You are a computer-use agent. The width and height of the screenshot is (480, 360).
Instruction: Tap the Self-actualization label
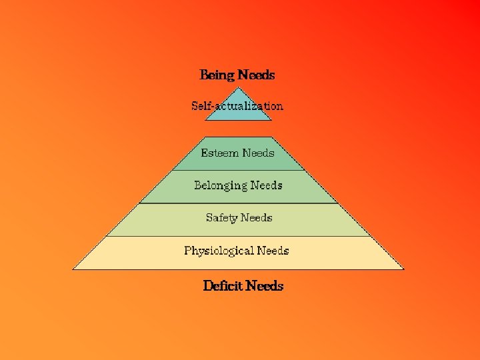click(237, 105)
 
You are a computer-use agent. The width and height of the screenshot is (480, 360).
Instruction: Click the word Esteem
click(220, 153)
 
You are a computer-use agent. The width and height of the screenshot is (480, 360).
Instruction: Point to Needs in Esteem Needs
click(258, 153)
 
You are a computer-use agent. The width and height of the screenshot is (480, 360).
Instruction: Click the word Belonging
click(221, 185)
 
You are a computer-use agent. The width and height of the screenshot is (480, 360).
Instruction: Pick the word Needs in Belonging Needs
click(266, 185)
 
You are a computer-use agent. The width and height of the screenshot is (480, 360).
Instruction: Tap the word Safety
click(221, 217)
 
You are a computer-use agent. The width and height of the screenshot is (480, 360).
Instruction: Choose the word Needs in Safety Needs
click(257, 217)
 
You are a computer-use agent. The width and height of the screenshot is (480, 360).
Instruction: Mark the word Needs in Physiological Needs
click(273, 251)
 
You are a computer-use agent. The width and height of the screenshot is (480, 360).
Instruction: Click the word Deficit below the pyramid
click(223, 286)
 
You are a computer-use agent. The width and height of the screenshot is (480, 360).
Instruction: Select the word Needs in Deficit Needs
click(265, 286)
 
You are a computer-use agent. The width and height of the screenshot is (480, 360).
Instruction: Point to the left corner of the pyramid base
click(73, 269)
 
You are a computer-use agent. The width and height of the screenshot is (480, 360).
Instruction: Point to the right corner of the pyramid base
click(403, 269)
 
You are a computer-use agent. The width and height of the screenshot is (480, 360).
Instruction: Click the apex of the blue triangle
click(238, 86)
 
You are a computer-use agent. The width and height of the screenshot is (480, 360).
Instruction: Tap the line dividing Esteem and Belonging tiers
click(238, 170)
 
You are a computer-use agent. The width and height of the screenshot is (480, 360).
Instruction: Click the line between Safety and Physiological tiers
click(238, 236)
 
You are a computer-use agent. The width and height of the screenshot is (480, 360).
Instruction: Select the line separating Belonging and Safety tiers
click(238, 203)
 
